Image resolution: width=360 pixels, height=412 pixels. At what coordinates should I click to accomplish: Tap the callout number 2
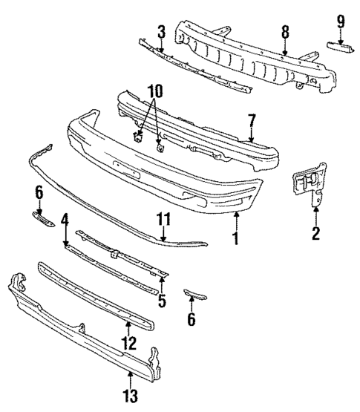(x=315, y=235)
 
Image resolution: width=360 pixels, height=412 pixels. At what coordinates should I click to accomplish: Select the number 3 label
(x=160, y=32)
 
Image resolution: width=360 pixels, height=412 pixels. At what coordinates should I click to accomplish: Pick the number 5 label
(x=162, y=302)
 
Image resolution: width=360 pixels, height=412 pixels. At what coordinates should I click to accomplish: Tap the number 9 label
(x=341, y=21)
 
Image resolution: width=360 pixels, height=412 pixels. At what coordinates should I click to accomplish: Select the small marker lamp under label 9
(x=341, y=48)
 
